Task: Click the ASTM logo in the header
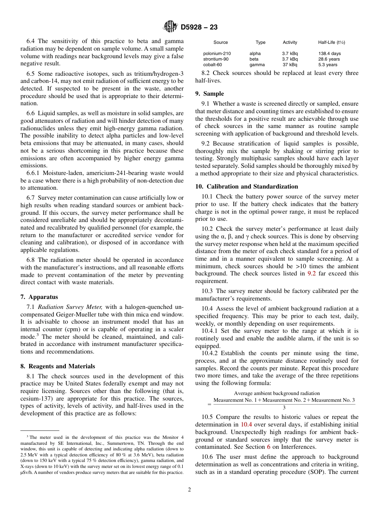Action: pos(170,27)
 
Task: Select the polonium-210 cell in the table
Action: pos(217,53)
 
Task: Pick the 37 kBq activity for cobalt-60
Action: pos(290,65)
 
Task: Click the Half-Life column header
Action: pos(331,42)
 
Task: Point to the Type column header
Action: pos(261,42)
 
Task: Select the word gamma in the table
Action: pos(257,65)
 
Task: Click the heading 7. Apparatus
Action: pos(39,297)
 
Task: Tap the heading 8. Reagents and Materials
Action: pos(57,366)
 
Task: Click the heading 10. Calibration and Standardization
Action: pos(247,187)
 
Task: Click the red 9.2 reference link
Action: pos(312,273)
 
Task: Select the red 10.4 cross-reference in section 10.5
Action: pos(247,424)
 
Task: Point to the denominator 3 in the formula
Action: pos(284,408)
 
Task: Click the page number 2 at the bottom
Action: pos(189,490)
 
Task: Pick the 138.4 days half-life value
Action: pos(329,53)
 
